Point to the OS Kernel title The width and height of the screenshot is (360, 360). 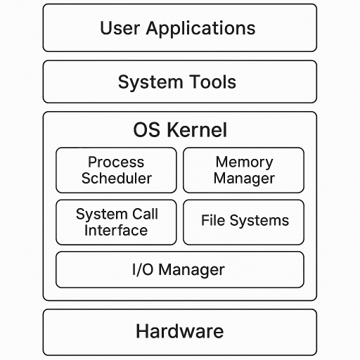[180, 130]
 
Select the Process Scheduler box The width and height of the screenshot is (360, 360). [116, 170]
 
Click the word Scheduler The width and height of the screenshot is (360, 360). [116, 179]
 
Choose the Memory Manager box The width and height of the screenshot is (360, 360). [243, 170]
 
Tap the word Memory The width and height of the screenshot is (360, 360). [244, 162]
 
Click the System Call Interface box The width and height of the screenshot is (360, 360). [116, 222]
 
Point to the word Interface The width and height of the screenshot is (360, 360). [116, 231]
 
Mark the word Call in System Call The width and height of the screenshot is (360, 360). [143, 214]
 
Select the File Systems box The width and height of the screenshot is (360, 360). [243, 222]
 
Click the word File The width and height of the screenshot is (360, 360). [213, 221]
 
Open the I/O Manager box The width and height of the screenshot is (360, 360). [180, 270]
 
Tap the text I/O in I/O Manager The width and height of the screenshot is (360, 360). [143, 269]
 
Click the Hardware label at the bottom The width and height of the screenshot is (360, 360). [180, 331]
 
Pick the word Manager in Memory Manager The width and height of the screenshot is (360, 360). [244, 179]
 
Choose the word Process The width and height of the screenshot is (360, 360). [116, 162]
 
